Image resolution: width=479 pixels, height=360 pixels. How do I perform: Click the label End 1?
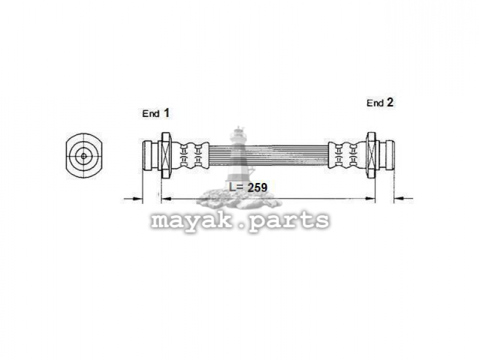point(155,113)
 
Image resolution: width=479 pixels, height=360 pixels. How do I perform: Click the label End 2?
point(380,103)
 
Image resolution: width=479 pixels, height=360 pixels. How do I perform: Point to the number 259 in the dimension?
point(258,187)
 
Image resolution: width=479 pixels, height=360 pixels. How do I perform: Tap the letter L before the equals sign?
point(233,187)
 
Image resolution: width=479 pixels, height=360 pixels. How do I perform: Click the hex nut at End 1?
point(166,155)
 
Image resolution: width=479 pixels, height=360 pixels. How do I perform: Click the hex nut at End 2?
point(371,155)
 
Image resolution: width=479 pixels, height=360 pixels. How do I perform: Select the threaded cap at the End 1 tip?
point(148,155)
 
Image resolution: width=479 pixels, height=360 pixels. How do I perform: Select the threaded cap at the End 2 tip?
point(390,155)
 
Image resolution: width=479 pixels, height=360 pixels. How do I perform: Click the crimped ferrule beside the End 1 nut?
point(190,155)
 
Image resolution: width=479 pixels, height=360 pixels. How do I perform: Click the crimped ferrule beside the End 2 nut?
point(347,155)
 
